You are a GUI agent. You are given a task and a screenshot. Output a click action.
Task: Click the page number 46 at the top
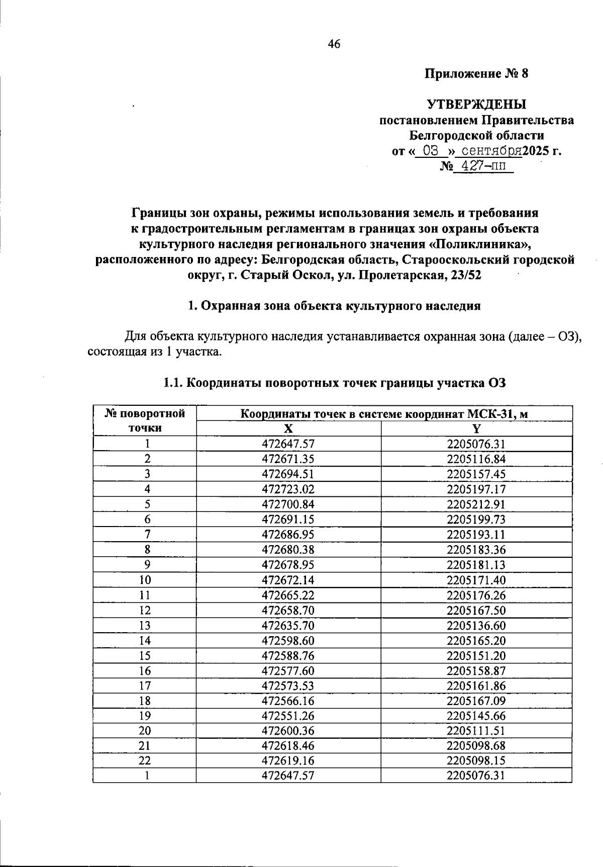334,44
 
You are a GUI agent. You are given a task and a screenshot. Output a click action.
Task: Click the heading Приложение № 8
476,74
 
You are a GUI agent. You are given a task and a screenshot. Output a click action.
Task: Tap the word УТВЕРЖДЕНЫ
476,105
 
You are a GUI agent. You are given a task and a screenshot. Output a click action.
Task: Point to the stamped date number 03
431,150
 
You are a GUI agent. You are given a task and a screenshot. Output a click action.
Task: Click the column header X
288,428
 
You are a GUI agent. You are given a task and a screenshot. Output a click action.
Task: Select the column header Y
476,428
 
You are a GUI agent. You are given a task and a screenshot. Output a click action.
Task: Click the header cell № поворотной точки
145,420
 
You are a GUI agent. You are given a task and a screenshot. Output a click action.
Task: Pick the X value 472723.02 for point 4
288,489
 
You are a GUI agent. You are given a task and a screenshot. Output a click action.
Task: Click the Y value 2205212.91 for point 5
476,504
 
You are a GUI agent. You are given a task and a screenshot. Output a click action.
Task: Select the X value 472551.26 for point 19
288,716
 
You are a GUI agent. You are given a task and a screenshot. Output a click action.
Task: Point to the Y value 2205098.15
476,760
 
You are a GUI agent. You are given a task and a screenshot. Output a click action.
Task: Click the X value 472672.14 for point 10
288,580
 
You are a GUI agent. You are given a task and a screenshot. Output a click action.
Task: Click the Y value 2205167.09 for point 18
476,701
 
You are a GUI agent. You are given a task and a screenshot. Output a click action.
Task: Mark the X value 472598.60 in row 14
288,641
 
